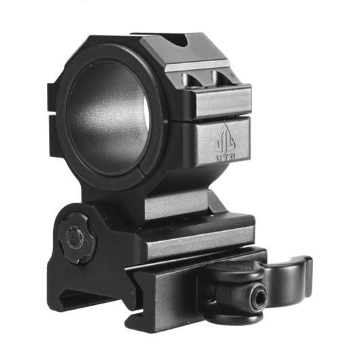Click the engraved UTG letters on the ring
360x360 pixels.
[x=226, y=158]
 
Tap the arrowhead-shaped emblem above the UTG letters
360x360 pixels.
[x=226, y=138]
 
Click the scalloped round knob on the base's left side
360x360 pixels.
[x=77, y=238]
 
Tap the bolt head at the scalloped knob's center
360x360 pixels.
[x=75, y=238]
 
